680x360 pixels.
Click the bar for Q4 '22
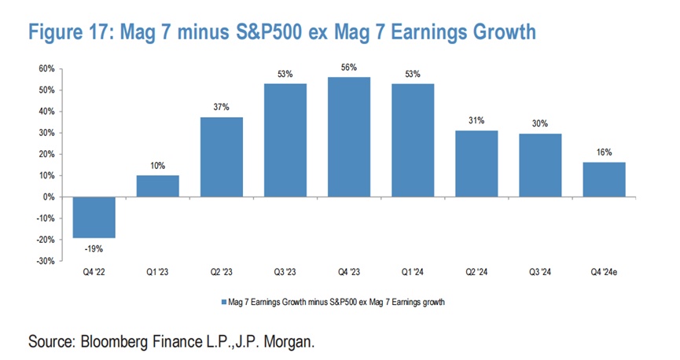[94, 217]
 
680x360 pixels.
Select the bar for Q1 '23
[157, 186]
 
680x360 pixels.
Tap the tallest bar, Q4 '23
[348, 137]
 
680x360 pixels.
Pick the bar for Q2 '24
[476, 163]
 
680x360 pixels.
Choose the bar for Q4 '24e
[605, 179]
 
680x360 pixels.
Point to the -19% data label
[94, 248]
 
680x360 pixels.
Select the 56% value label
[348, 68]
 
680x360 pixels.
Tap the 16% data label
[605, 152]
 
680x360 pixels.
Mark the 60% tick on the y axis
[45, 69]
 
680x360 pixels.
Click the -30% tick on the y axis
[43, 260]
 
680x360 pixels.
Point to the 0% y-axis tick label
[47, 197]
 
